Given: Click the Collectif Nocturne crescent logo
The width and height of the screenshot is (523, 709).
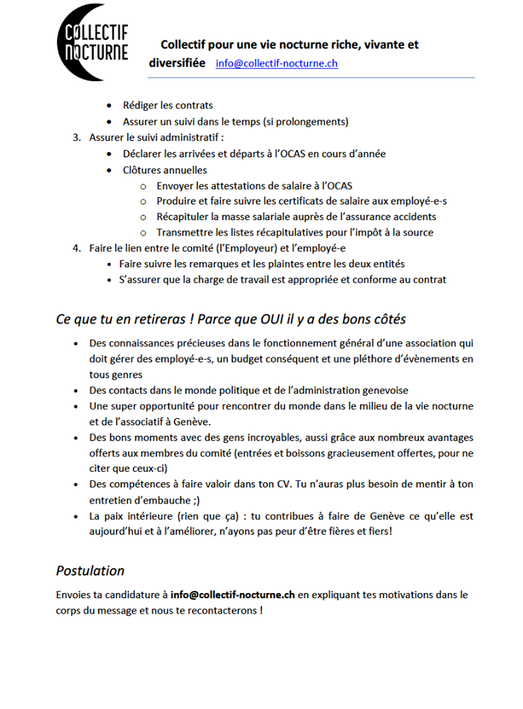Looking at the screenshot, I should tap(92, 42).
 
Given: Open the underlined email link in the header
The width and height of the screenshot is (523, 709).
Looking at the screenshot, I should tap(276, 64).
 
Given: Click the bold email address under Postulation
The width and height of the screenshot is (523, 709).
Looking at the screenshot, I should tap(233, 594).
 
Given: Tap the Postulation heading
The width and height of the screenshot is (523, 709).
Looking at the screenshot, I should tap(90, 570).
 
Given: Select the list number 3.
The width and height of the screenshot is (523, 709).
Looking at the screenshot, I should tap(76, 137).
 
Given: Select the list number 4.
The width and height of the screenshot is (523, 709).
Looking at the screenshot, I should tap(76, 248).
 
